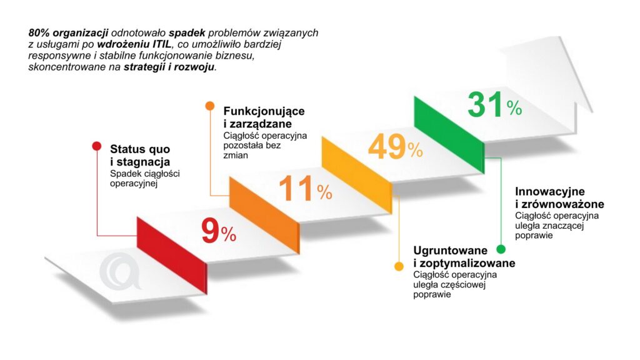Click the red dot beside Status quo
[96, 146]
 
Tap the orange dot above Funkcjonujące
[210, 106]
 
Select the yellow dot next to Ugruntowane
[398, 267]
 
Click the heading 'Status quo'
[140, 149]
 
